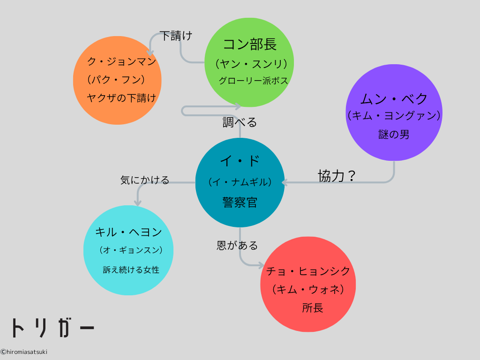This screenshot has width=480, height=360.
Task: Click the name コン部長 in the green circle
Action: click(x=249, y=45)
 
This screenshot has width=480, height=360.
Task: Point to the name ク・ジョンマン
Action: click(x=121, y=61)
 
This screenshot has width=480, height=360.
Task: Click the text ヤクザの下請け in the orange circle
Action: click(x=121, y=97)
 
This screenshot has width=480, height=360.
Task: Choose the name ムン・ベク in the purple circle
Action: click(x=394, y=98)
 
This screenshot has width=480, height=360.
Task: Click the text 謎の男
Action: click(x=394, y=135)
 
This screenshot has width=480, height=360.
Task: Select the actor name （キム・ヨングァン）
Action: click(x=394, y=115)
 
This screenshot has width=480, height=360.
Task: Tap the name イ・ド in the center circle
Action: click(x=240, y=161)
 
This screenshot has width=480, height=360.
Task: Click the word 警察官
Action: click(x=240, y=202)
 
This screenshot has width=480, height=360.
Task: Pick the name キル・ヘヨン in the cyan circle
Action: click(x=128, y=232)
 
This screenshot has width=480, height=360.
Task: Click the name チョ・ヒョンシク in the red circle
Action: click(x=308, y=271)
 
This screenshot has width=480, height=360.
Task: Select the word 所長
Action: click(x=313, y=308)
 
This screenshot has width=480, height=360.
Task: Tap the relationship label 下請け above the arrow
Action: click(x=176, y=36)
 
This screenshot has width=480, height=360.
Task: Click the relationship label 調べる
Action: click(x=240, y=122)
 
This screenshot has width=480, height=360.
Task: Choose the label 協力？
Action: click(x=337, y=176)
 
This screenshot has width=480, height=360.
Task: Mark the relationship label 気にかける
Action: click(x=144, y=180)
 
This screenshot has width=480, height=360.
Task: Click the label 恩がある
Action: click(x=237, y=245)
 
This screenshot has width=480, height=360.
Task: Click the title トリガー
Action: click(x=52, y=328)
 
